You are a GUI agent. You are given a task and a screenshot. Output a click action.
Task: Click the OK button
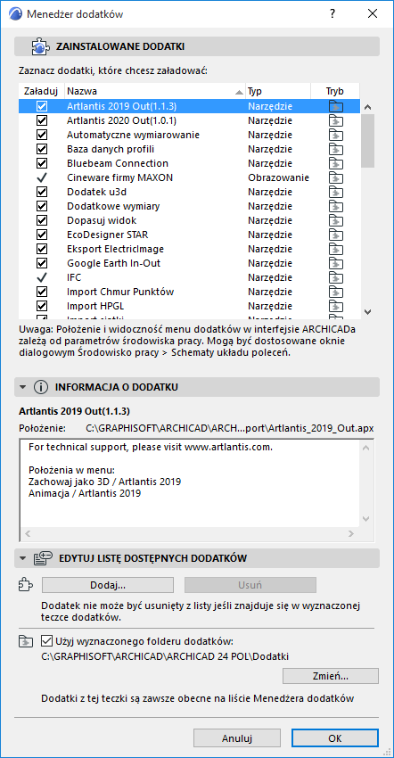[334, 738]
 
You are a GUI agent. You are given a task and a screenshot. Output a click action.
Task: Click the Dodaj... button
[108, 585]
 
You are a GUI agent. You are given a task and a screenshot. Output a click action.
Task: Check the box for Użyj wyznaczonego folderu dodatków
[49, 640]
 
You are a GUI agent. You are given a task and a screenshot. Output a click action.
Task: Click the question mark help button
[332, 13]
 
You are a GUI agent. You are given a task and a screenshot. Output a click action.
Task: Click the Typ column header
[277, 91]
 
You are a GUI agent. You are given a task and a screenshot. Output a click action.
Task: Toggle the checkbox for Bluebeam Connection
[42, 163]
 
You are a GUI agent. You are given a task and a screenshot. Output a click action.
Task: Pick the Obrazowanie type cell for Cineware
[278, 177]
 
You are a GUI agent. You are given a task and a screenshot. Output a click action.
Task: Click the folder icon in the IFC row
[335, 277]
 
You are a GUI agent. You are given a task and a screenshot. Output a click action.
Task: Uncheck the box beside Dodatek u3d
[42, 192]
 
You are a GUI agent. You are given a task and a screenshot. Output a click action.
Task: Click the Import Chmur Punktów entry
[119, 292]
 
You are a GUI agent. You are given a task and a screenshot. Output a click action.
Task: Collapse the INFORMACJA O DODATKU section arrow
[22, 387]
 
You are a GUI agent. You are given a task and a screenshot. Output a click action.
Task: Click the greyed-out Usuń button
[250, 585]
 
